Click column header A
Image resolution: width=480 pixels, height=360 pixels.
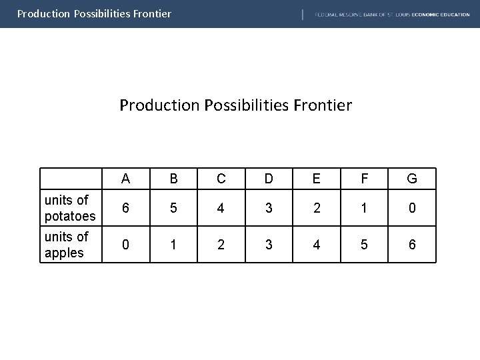(126, 179)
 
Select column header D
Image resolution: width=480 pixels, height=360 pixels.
(269, 179)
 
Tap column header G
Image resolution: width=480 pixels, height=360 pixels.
(412, 179)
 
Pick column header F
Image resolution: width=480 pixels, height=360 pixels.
(365, 179)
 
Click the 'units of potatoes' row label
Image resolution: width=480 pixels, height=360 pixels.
(69, 208)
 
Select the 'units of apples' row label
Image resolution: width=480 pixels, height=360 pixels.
(67, 245)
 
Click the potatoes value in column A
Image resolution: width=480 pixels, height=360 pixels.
(126, 208)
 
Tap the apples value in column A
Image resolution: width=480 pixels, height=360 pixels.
(126, 245)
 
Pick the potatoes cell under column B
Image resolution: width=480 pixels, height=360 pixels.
(174, 208)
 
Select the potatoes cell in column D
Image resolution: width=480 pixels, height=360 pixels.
(269, 208)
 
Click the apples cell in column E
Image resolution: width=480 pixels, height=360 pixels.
(317, 245)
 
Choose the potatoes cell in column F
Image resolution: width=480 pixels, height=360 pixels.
(365, 208)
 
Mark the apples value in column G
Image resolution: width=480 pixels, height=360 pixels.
(412, 245)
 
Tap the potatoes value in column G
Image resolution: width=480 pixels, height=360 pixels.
(412, 208)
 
